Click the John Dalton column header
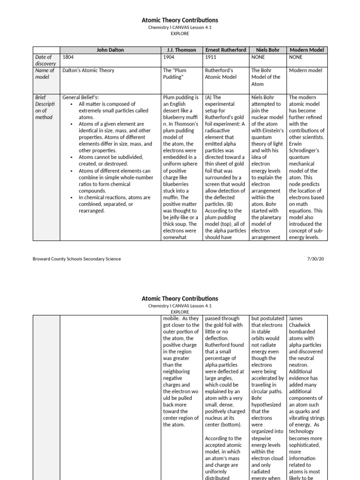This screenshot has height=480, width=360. [x=110, y=50]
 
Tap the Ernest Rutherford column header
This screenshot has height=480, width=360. [x=226, y=50]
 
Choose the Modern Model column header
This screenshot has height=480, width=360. [x=307, y=50]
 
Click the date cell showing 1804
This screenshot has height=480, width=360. [x=68, y=57]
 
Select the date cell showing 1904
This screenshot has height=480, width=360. [x=169, y=57]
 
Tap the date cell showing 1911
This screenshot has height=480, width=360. [x=211, y=57]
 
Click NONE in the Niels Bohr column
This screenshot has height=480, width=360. [x=258, y=57]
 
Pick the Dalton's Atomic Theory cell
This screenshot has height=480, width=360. [x=88, y=71]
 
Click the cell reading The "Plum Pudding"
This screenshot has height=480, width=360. [x=173, y=74]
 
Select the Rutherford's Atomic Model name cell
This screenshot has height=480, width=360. [x=221, y=74]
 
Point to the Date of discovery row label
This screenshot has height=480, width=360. [x=45, y=60]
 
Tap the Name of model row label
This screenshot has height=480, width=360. [x=45, y=74]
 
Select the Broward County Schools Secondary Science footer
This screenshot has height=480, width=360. [x=77, y=259]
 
